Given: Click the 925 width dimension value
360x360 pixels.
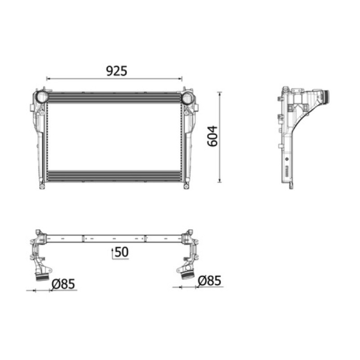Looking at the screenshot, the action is (x=117, y=71).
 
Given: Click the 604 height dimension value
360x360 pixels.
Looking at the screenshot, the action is (x=212, y=136).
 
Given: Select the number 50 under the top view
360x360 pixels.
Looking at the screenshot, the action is (x=121, y=252).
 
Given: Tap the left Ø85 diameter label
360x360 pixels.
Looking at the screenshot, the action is (x=63, y=284).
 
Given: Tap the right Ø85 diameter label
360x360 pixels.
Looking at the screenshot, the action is (x=210, y=280).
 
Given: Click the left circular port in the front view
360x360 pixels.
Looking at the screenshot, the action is (x=41, y=97).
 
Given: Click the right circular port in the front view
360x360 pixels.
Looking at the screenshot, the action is (x=188, y=98).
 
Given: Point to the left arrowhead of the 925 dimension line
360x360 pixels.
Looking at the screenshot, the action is (x=48, y=79).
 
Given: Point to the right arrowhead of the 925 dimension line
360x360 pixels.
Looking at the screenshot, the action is (x=180, y=79).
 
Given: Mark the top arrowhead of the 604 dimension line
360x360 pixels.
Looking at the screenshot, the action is (x=220, y=94).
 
